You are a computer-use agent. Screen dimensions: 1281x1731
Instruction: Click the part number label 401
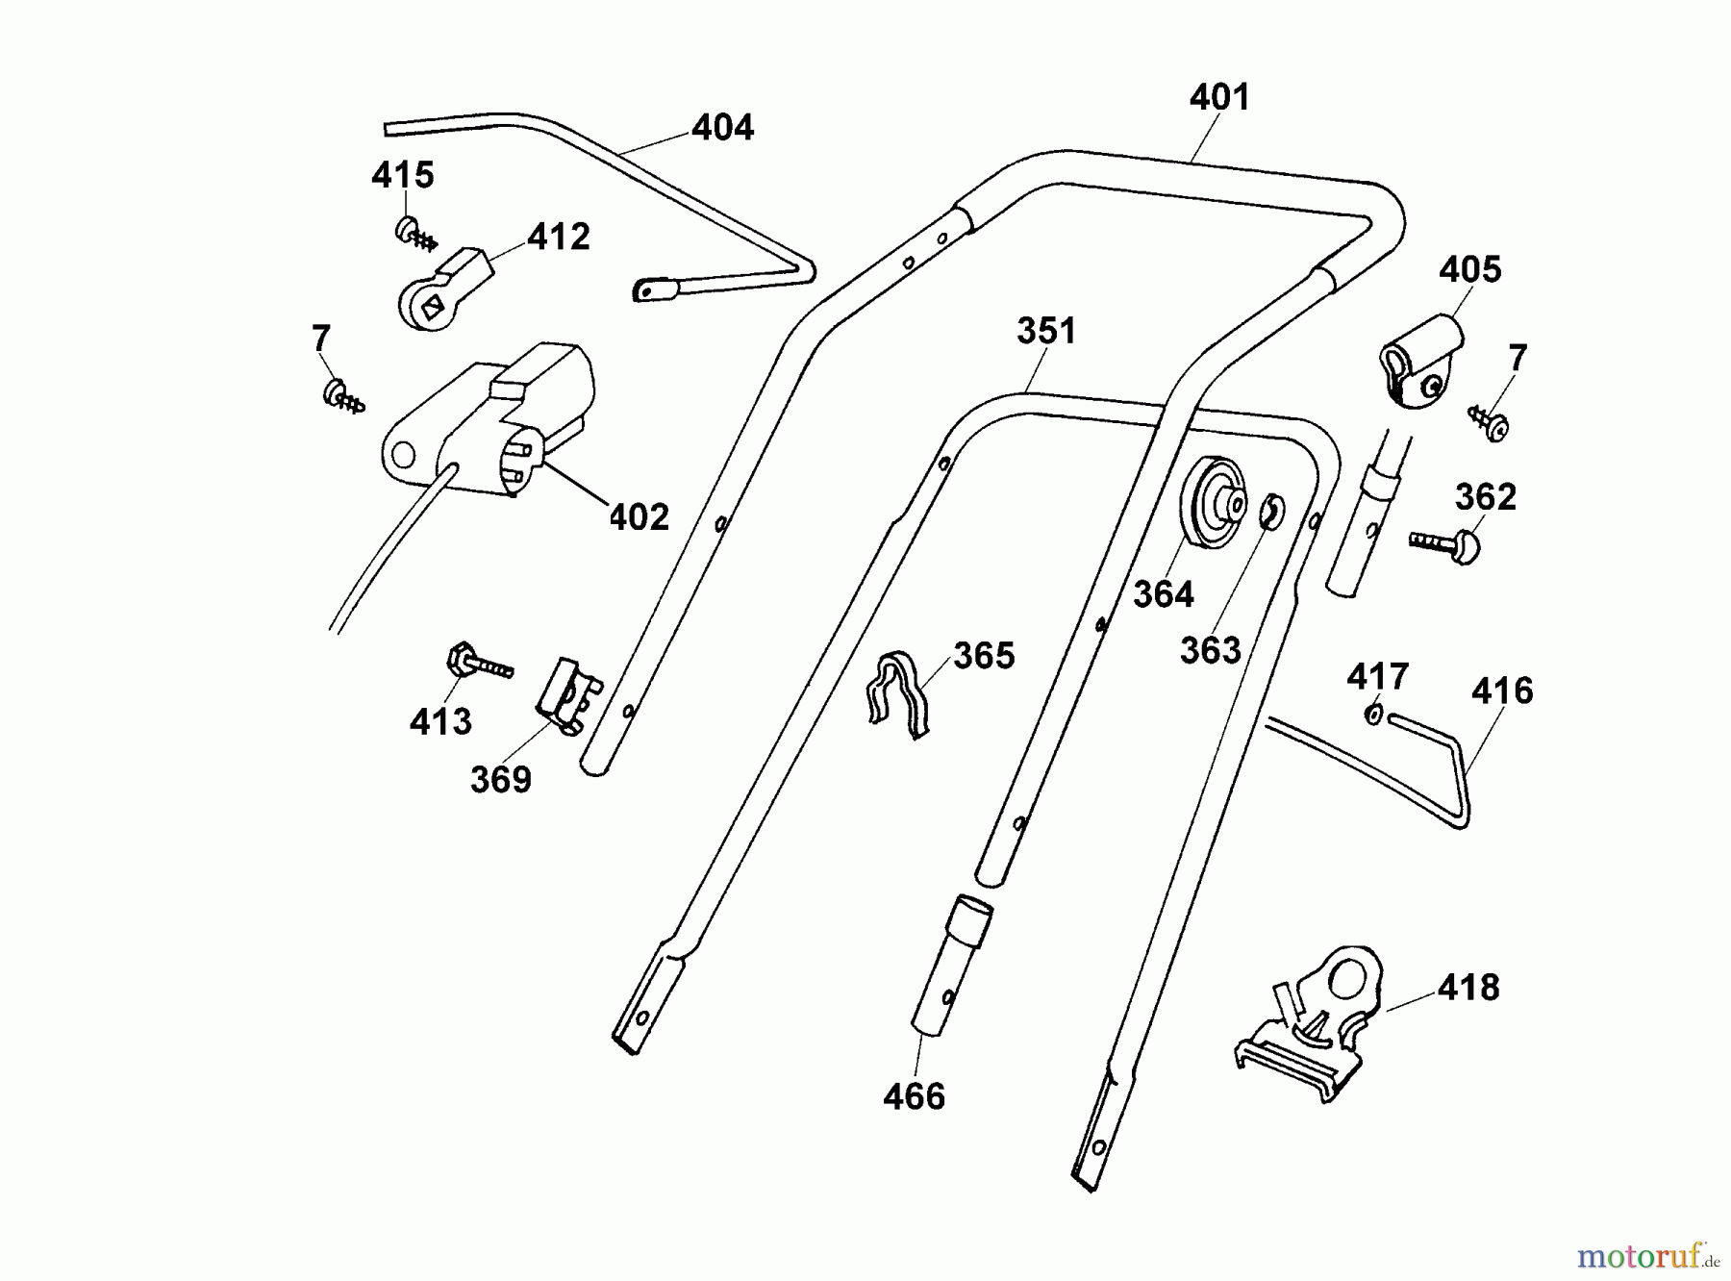coord(1219,98)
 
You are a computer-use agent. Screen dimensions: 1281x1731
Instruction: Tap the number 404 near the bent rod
coord(723,128)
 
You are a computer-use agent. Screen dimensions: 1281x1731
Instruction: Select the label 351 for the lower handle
coord(1046,332)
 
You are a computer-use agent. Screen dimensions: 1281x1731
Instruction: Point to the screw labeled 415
coord(412,232)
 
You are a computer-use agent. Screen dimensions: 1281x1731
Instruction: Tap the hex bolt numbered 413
coord(476,664)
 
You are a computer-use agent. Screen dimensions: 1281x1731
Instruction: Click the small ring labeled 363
coord(1270,513)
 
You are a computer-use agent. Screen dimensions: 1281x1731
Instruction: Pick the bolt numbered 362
coord(1447,545)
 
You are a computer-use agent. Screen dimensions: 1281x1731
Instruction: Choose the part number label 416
coord(1502,691)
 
